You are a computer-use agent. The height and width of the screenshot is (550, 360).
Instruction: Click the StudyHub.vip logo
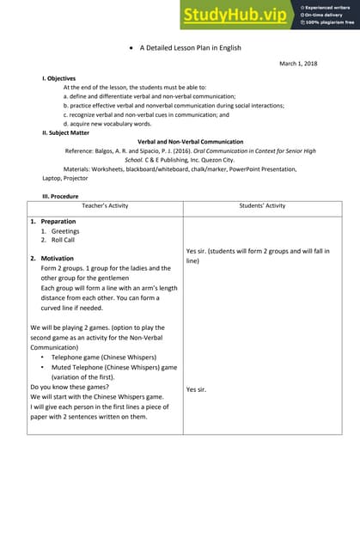234,14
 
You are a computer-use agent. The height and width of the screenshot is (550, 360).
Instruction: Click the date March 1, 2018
298,64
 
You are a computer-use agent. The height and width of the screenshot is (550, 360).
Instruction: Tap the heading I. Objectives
58,79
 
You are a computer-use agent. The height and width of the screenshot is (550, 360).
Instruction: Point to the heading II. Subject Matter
64,132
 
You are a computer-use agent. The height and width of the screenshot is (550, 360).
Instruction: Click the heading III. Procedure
60,196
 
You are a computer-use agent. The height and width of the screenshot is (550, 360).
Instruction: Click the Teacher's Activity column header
106,206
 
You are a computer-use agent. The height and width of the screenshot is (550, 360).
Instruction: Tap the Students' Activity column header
262,206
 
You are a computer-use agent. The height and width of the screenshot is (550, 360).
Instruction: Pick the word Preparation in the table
58,222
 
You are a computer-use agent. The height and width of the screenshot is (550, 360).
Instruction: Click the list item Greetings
65,231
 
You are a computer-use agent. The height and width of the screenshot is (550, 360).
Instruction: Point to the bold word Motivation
58,259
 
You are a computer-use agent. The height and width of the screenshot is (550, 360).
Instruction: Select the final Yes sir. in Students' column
198,389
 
